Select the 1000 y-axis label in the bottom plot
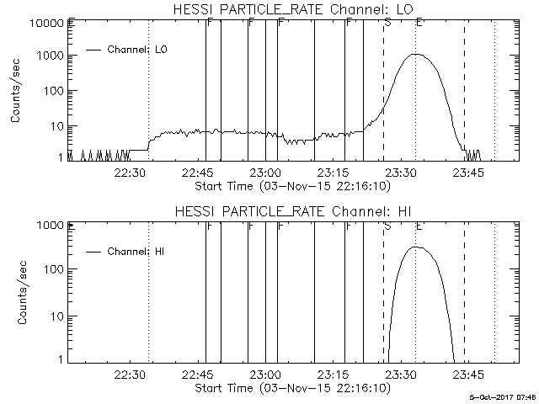click(50, 226)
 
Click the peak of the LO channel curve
click(415, 55)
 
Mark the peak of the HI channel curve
click(415, 247)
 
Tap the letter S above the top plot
click(387, 22)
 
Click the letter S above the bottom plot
click(387, 225)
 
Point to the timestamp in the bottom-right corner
click(503, 396)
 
